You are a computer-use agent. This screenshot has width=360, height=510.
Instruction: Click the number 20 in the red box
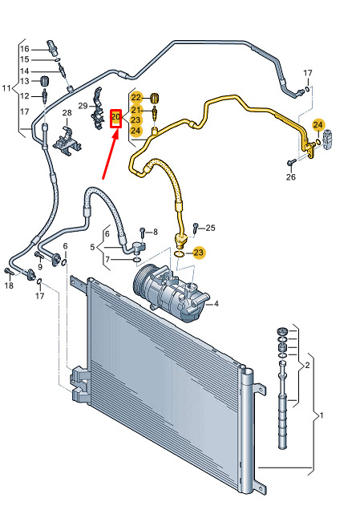pyautogui.click(x=115, y=116)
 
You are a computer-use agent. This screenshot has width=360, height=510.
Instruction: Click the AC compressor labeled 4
pyautogui.click(x=171, y=293)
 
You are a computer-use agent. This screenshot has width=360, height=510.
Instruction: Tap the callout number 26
pyautogui.click(x=291, y=177)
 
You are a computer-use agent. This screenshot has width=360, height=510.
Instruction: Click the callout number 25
pyautogui.click(x=210, y=228)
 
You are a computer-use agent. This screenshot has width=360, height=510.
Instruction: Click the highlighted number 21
pyautogui.click(x=136, y=110)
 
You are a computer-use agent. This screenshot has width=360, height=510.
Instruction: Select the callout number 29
pyautogui.click(x=83, y=106)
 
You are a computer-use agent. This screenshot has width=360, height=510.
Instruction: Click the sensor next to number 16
pyautogui.click(x=52, y=48)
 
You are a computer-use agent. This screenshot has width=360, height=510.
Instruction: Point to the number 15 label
pyautogui.click(x=25, y=59)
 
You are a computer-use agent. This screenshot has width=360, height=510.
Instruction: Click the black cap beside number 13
pyautogui.click(x=44, y=81)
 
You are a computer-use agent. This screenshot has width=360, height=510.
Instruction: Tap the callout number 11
pyautogui.click(x=6, y=88)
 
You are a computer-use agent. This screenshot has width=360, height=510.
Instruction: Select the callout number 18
pyautogui.click(x=9, y=285)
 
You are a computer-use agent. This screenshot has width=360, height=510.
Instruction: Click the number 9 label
pyautogui.click(x=40, y=267)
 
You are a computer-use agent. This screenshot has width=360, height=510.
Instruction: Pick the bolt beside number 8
pyautogui.click(x=143, y=233)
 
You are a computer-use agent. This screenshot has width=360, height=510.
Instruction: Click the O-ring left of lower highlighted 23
pyautogui.click(x=179, y=253)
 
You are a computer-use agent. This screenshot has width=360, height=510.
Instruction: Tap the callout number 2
pyautogui.click(x=307, y=366)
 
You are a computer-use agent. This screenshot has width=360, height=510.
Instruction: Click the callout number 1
pyautogui.click(x=322, y=415)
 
